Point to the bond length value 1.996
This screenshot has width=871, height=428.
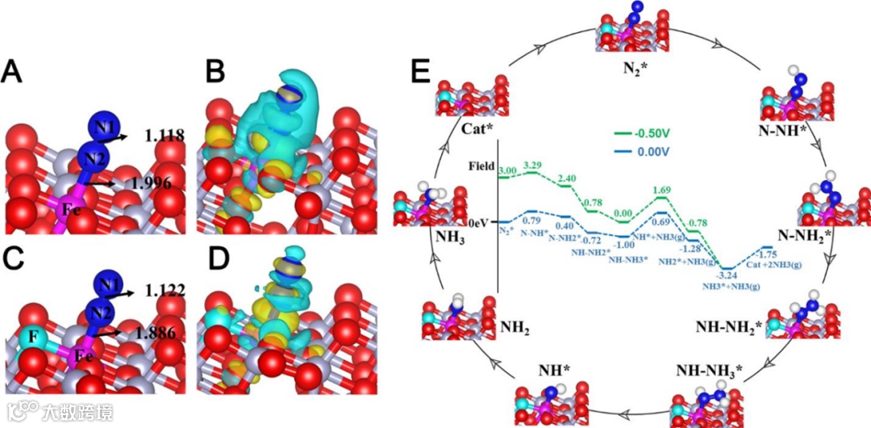click(150, 183)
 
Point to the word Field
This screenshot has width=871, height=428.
click(482, 166)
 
